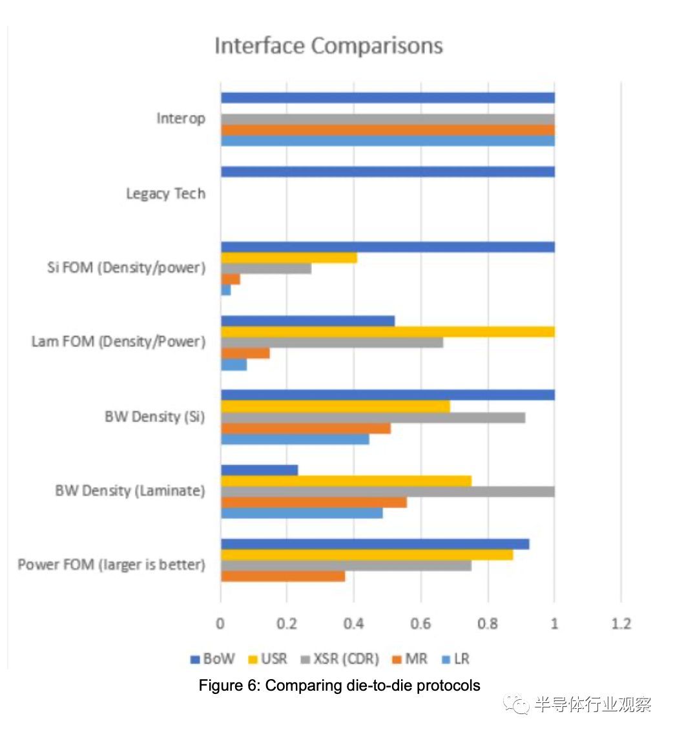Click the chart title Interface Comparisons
[328, 47]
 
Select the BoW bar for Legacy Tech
[388, 172]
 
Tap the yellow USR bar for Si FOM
[289, 258]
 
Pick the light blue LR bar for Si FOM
[225, 290]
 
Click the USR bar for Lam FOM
[388, 331]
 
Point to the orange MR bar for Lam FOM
[245, 353]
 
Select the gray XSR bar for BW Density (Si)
[373, 417]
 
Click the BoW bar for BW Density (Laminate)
[259, 470]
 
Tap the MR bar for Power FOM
[283, 576]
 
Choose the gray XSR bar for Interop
[388, 120]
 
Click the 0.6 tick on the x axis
[420, 624]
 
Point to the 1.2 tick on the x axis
[621, 624]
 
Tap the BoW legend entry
[212, 660]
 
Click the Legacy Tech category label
[165, 194]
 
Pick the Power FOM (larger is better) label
[111, 565]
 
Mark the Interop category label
[181, 119]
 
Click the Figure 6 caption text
[339, 686]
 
